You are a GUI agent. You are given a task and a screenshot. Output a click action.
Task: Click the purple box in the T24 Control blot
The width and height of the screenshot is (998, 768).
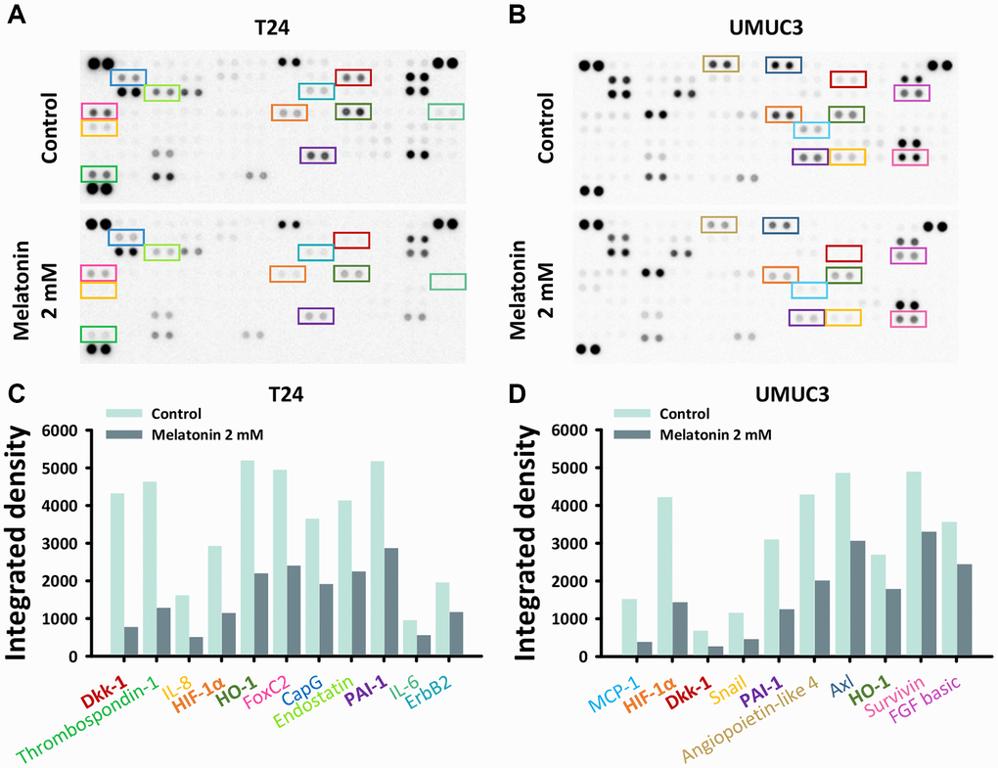(x=318, y=155)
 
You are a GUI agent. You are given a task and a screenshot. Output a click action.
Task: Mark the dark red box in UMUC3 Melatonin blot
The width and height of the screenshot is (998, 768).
(x=843, y=253)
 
